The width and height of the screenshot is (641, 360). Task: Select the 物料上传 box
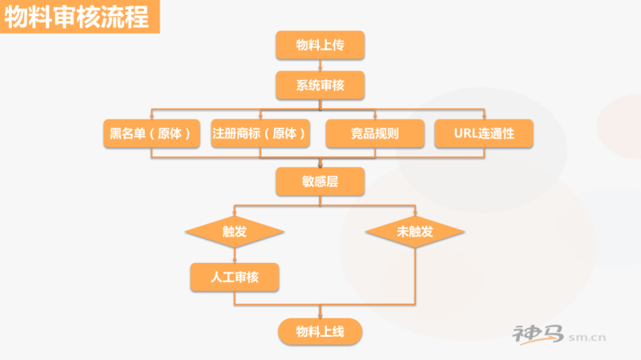pos(320,45)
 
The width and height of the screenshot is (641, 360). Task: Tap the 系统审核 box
pos(320,86)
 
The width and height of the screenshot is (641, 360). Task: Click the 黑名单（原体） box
pos(151,133)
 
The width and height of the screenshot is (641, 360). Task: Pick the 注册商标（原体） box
pos(260,133)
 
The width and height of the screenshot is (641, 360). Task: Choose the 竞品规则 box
pos(374,134)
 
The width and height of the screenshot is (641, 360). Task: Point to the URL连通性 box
pos(484,134)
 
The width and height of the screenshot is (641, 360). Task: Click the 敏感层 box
pos(320,182)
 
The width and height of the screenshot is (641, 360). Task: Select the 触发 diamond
pos(234,232)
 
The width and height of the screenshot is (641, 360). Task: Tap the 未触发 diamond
pos(414,232)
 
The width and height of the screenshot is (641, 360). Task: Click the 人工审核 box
pos(234,277)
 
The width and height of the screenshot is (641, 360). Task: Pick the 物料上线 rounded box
pos(320,331)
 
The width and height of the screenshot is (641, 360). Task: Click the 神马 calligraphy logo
pos(538,334)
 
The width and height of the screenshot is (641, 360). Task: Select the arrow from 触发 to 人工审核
pos(234,255)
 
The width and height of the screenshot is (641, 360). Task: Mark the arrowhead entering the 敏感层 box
pos(320,164)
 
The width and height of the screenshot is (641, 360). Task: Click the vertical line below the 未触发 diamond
pos(415,273)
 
